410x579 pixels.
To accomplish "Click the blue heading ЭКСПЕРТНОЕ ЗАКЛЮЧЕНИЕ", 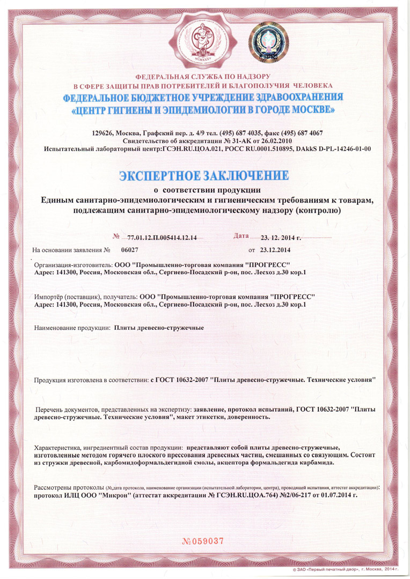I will click(x=203, y=176).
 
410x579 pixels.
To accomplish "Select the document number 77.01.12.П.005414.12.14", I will click(x=163, y=237).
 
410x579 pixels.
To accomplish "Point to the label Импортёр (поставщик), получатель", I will click(x=85, y=296).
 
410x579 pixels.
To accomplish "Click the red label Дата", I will click(x=242, y=236).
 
